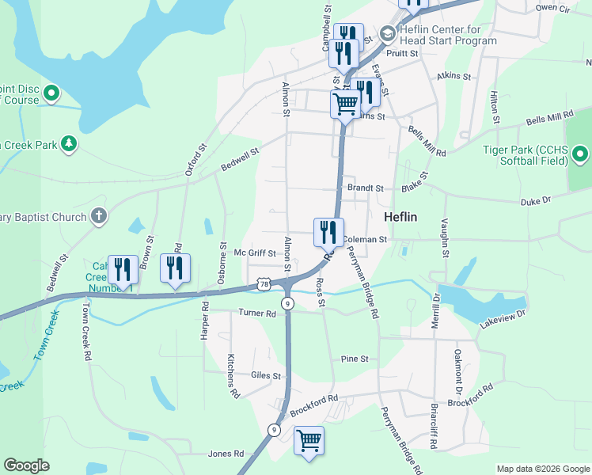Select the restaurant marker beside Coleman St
click(x=328, y=233)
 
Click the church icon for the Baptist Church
click(x=98, y=215)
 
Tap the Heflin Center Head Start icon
click(x=388, y=33)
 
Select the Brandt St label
click(x=365, y=188)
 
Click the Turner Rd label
click(x=257, y=313)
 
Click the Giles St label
click(x=266, y=375)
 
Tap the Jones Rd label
click(x=226, y=454)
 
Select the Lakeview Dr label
click(x=503, y=319)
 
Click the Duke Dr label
click(x=535, y=202)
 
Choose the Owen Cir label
click(x=552, y=7)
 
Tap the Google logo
click(x=26, y=465)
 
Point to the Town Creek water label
click(x=46, y=336)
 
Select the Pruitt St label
click(x=402, y=53)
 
